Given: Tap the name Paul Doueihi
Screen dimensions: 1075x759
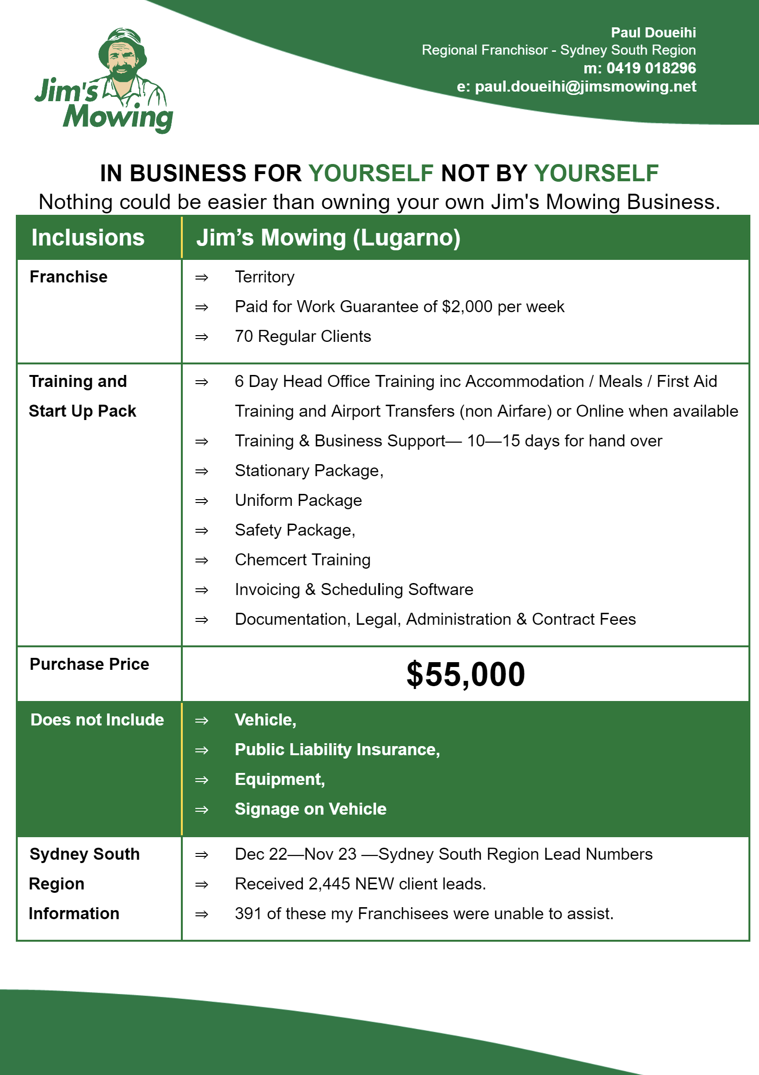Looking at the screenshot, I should (653, 33).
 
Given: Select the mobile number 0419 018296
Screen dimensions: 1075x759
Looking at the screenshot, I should (651, 68).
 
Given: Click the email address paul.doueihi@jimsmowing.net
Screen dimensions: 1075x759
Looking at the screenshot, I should (585, 86).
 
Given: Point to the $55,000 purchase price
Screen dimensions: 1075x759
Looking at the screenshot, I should (465, 674).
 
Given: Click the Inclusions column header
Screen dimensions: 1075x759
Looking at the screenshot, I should (88, 238).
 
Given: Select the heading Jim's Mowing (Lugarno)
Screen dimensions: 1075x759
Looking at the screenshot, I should (328, 238).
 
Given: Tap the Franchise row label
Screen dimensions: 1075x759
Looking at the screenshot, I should (69, 277).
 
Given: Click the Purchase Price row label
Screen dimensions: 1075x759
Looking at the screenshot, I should (89, 664).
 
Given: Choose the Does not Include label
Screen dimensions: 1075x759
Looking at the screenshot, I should (97, 720).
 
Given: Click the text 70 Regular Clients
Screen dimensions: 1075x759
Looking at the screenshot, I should (303, 337).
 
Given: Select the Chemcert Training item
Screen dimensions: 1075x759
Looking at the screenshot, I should (302, 560).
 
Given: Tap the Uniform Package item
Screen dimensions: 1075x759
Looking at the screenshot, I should (298, 501).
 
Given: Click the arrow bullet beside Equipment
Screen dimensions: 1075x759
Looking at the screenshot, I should (202, 780).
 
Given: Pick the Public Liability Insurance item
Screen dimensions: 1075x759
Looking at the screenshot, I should (337, 749).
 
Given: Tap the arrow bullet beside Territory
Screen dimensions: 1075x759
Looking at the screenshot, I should (202, 278).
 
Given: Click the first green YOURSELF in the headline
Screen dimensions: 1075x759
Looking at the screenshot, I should (370, 174).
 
